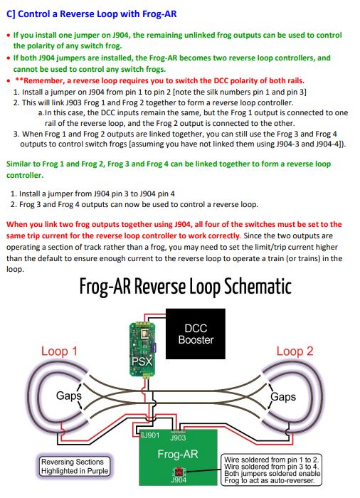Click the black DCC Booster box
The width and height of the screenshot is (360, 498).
(x=195, y=334)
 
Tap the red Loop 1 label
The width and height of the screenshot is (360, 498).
(x=60, y=351)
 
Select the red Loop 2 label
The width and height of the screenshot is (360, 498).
(x=295, y=351)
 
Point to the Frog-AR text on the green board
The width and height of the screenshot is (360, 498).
(x=178, y=453)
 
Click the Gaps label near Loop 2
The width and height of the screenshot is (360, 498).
(x=282, y=397)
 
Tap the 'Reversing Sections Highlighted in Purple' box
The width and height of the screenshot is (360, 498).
(x=74, y=466)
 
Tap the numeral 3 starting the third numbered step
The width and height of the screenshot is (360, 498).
(x=16, y=133)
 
